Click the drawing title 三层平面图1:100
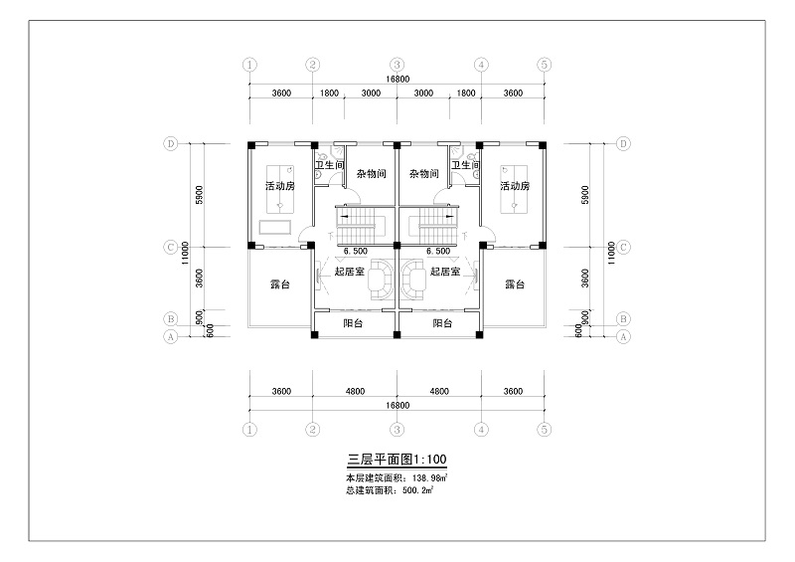click(397, 460)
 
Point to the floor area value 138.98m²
click(430, 477)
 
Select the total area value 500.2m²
click(417, 490)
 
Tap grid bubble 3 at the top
click(397, 65)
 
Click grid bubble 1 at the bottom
click(249, 430)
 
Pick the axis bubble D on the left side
click(170, 143)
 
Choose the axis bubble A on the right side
click(624, 336)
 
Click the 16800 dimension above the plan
click(397, 80)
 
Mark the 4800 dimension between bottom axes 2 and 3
click(355, 392)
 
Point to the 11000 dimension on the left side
click(185, 253)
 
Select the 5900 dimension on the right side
click(585, 195)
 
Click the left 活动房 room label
click(280, 186)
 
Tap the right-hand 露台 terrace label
click(515, 284)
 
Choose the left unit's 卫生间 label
click(329, 165)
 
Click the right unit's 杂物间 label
click(424, 174)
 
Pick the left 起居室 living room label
click(350, 272)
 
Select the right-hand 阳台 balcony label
click(442, 323)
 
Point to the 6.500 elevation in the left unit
click(356, 252)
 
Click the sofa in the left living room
click(380, 280)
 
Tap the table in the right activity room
click(514, 189)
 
